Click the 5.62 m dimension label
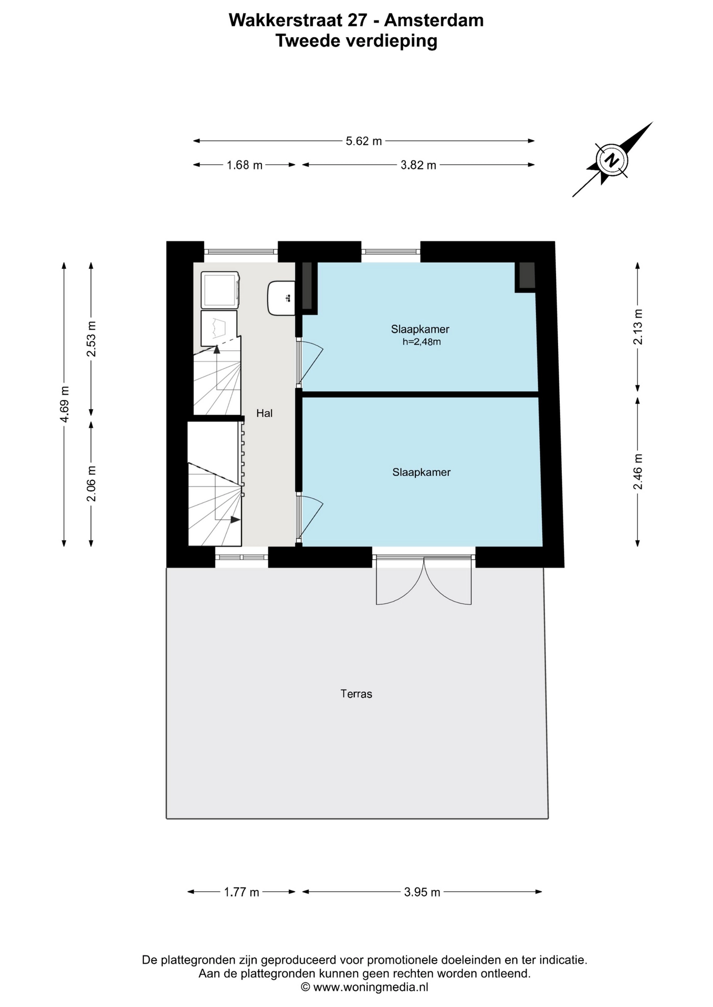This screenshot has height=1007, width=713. coord(363,141)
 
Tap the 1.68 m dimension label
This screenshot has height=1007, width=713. coord(244,165)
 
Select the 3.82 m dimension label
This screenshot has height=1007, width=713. coord(418,165)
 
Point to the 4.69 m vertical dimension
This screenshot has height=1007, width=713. coord(64,404)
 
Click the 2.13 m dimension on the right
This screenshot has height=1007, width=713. coord(638,327)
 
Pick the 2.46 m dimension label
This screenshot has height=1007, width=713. coord(638,472)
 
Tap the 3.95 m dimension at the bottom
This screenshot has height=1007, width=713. coord(422,892)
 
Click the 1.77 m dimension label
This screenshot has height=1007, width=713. coord(242,892)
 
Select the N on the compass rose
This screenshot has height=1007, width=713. coord(611,160)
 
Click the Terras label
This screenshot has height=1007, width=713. coord(356,694)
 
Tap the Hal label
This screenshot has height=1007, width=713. coord(264,413)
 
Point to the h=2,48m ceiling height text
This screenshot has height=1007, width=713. coord(421,342)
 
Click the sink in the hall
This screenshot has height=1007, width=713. coord(281,298)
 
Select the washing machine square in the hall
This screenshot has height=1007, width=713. coord(220,290)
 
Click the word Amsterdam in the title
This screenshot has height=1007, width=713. coord(434,20)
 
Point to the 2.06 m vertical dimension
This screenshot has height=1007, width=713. coord(91,484)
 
